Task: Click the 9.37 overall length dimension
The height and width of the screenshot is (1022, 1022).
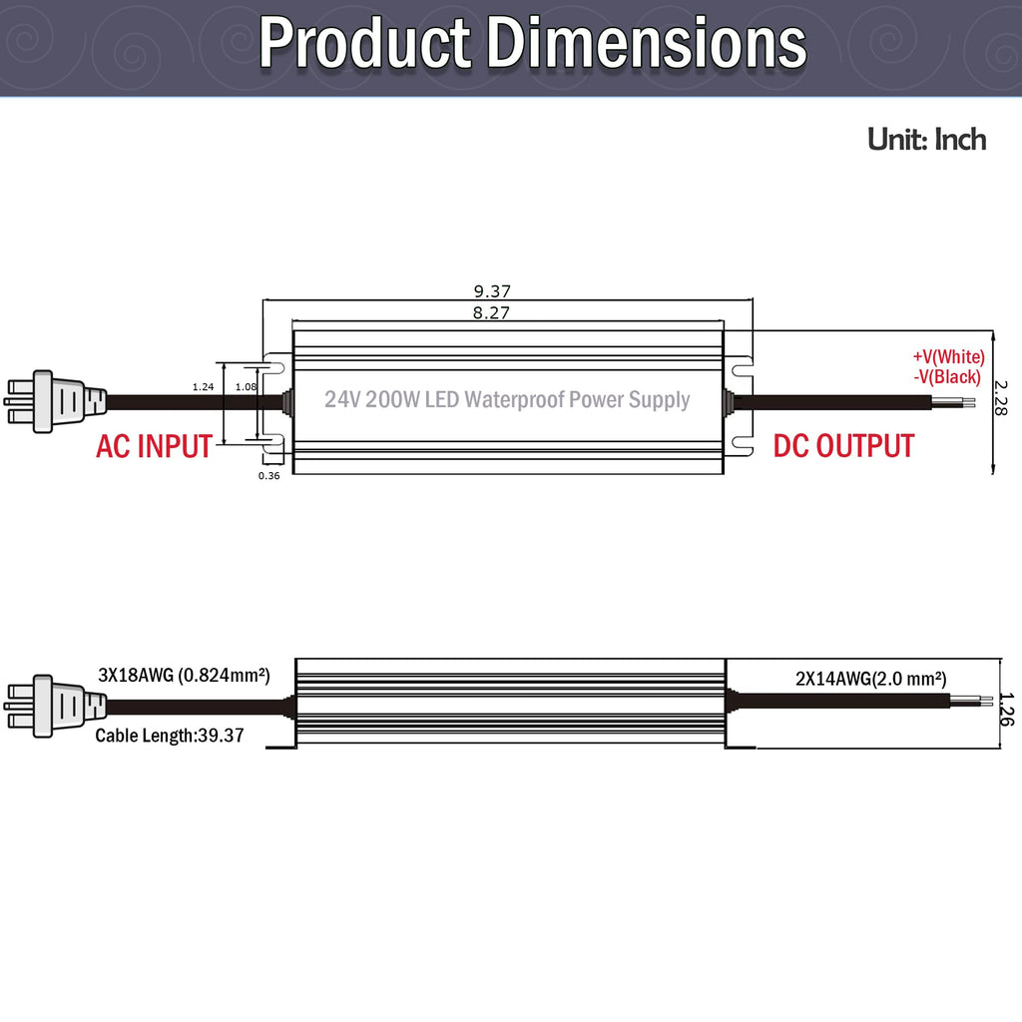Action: tap(492, 290)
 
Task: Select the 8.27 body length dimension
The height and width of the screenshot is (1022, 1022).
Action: tap(491, 312)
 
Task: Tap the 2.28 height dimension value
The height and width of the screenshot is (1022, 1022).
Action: tap(1000, 397)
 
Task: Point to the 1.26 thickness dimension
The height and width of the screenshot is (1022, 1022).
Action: tap(1006, 710)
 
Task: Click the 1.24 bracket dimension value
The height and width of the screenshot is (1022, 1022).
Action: tap(203, 386)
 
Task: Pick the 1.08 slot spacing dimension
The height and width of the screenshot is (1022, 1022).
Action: tap(246, 386)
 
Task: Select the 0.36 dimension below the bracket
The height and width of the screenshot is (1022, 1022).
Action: tap(268, 476)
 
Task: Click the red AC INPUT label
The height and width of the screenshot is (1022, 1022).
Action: tap(155, 446)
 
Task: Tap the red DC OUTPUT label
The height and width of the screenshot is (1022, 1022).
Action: tap(843, 446)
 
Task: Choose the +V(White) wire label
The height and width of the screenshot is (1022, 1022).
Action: tap(948, 356)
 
